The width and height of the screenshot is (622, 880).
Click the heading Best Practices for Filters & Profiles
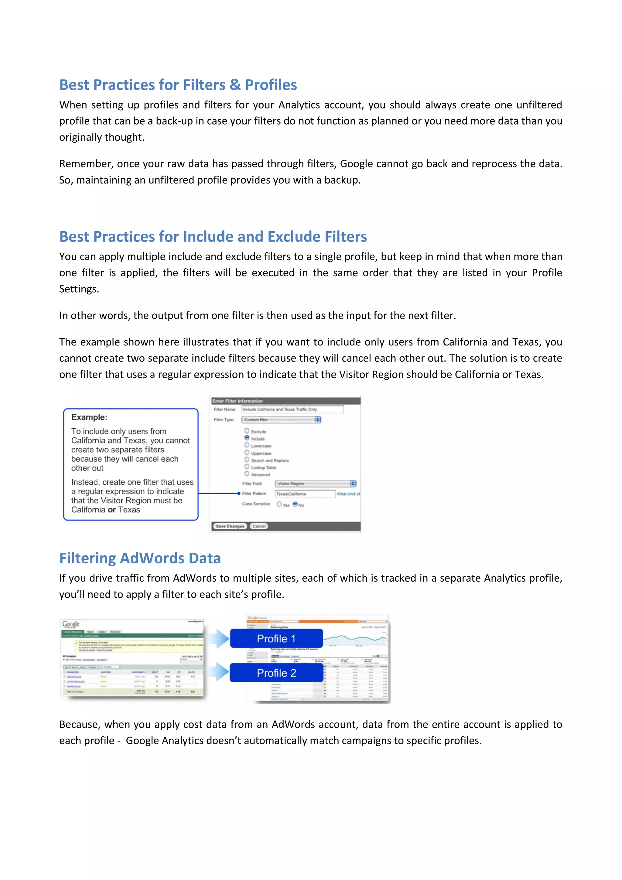[x=178, y=85]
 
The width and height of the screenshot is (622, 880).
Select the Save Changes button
[x=230, y=526]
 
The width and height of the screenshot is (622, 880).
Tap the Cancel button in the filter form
[x=259, y=526]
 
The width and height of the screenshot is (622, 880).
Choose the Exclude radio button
[x=247, y=431]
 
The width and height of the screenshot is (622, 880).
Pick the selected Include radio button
[x=247, y=438]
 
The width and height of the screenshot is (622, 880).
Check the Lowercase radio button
[x=247, y=445]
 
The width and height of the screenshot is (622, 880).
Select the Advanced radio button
[x=247, y=474]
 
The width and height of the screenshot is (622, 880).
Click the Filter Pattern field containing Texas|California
[x=305, y=494]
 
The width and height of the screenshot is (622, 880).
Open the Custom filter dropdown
[x=282, y=420]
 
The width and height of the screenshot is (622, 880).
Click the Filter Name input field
[x=292, y=409]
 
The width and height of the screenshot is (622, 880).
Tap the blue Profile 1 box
[x=276, y=638]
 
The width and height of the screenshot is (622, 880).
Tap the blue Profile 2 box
[x=276, y=673]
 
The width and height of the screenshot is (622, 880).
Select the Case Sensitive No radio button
[x=295, y=504]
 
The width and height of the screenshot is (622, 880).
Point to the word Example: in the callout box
[x=89, y=418]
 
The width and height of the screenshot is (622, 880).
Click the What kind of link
[x=348, y=494]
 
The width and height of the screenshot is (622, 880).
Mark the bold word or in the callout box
[x=112, y=510]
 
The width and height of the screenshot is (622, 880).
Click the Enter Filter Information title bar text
[x=238, y=401]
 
